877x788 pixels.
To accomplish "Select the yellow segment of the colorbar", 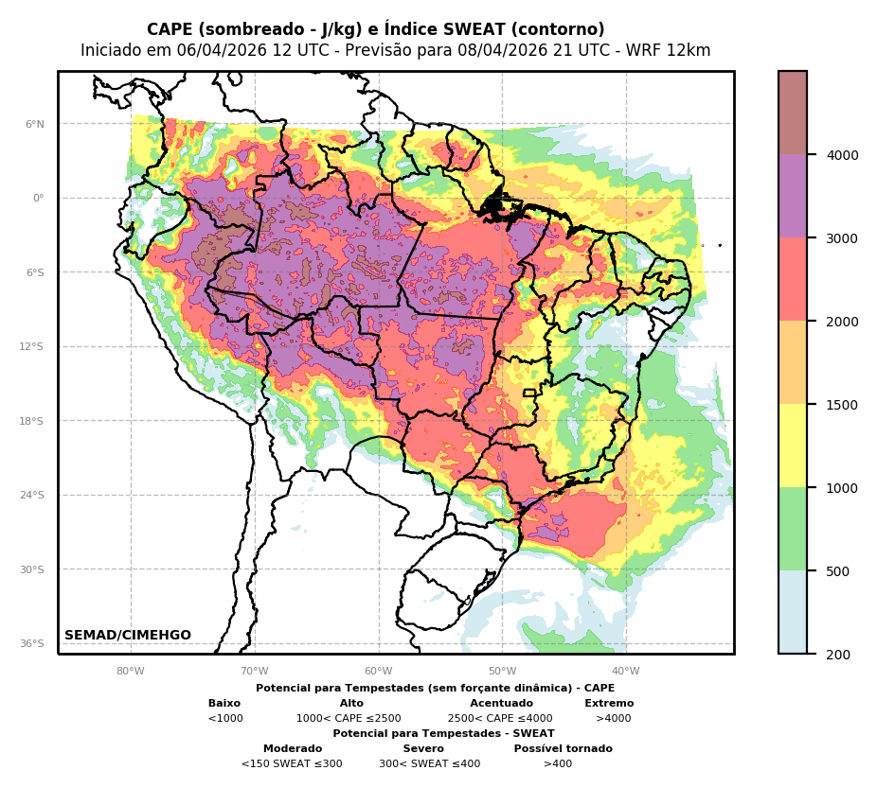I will pyautogui.click(x=793, y=446).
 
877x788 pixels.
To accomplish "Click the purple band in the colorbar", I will pyautogui.click(x=793, y=196).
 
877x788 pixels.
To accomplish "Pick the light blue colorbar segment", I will pyautogui.click(x=793, y=612).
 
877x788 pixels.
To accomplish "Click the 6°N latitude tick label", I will pyautogui.click(x=35, y=124).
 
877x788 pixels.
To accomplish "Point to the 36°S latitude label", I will pyautogui.click(x=32, y=644).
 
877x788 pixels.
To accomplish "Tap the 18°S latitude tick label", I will pyautogui.click(x=32, y=421).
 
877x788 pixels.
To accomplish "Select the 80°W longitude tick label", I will pyautogui.click(x=131, y=672).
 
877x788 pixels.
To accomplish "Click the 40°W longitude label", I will pyautogui.click(x=626, y=672).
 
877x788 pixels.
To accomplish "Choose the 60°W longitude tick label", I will pyautogui.click(x=379, y=672).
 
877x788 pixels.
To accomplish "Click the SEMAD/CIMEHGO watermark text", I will pyautogui.click(x=128, y=636).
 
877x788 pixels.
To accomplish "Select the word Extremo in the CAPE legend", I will pyautogui.click(x=609, y=704).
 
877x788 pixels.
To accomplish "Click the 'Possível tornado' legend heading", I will pyautogui.click(x=564, y=749).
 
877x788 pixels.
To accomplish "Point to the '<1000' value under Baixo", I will pyautogui.click(x=225, y=719).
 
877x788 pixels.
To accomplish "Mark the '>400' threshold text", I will pyautogui.click(x=558, y=764).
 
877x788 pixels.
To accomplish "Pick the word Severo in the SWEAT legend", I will pyautogui.click(x=423, y=749).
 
